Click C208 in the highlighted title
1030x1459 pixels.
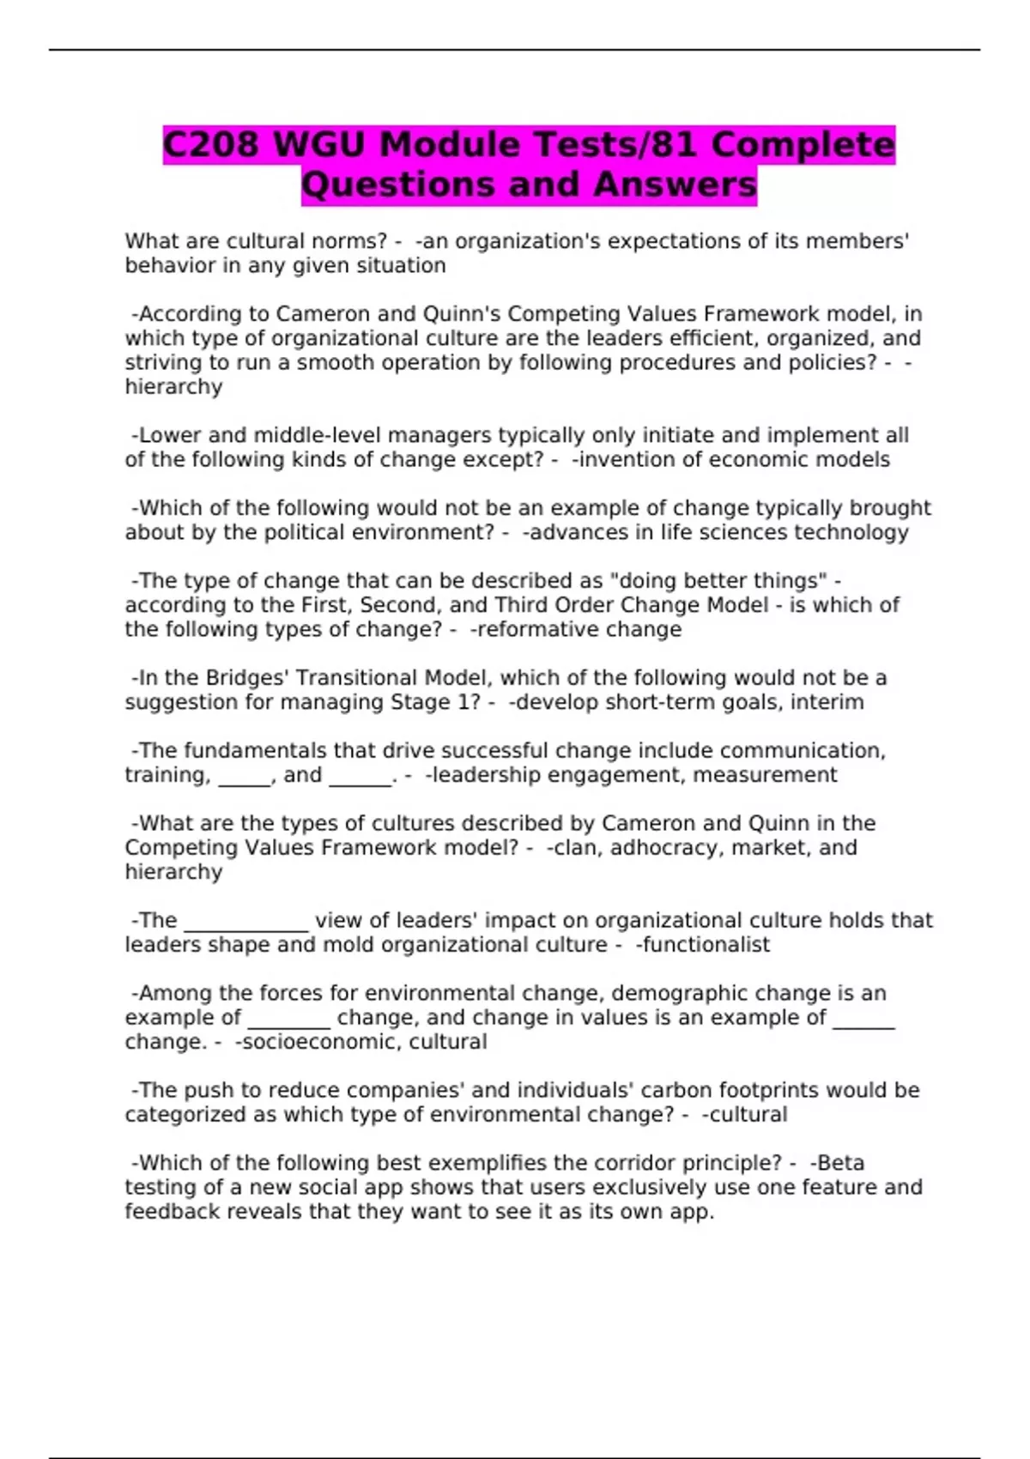click(x=210, y=144)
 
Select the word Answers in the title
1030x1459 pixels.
click(x=675, y=185)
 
